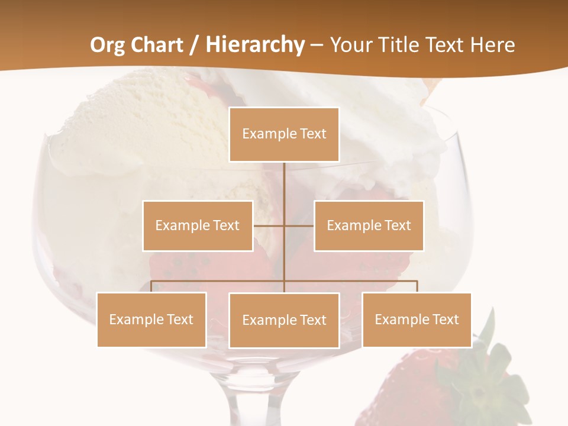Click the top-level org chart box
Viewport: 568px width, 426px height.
284,134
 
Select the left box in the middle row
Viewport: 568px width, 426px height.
197,225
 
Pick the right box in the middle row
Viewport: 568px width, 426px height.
369,225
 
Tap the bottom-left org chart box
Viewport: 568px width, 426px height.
151,319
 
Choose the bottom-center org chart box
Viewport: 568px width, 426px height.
284,320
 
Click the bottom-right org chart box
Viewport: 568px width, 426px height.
417,319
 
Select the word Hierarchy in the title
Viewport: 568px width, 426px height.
254,46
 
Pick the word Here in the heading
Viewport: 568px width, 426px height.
492,45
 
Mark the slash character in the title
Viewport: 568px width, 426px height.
194,46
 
